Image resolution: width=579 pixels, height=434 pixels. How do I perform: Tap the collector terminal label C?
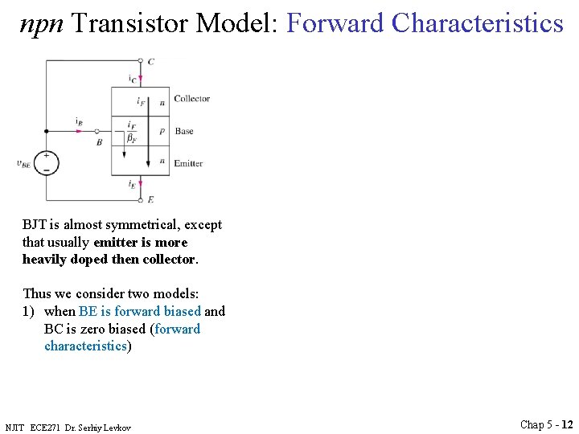(151, 60)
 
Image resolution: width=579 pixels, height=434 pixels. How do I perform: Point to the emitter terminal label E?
(150, 199)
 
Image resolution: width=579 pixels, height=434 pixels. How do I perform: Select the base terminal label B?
(99, 141)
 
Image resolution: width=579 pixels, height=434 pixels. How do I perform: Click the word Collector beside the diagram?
(191, 99)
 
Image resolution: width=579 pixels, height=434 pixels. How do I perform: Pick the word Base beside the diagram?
(184, 131)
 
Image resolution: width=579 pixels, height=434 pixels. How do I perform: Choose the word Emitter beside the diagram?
(188, 163)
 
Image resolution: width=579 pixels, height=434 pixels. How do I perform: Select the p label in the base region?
(162, 131)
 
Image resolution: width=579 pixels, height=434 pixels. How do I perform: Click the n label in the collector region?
(162, 103)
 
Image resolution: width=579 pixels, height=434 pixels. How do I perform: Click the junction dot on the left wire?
(46, 131)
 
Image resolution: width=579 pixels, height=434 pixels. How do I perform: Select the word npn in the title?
(43, 23)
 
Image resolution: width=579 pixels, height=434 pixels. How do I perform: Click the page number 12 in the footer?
(567, 424)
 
